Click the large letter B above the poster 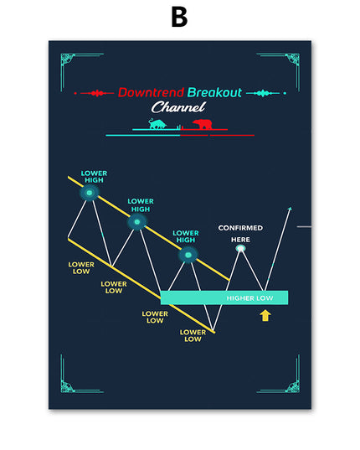(179, 17)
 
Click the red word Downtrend (151, 92)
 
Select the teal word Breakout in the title (214, 92)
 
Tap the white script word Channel (178, 107)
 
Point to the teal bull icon (157, 124)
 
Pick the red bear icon (203, 124)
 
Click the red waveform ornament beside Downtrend (97, 93)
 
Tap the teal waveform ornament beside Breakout (263, 93)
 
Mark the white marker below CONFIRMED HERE (241, 248)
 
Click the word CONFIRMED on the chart (240, 228)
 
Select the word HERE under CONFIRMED (240, 240)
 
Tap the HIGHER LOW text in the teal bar (249, 298)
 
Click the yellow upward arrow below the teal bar (265, 315)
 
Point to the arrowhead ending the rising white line (290, 209)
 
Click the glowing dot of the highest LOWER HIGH (90, 193)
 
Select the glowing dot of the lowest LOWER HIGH (188, 255)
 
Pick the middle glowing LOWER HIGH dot (137, 222)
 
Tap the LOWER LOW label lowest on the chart (193, 336)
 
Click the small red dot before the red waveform (75, 93)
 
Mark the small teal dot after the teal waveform (285, 93)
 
